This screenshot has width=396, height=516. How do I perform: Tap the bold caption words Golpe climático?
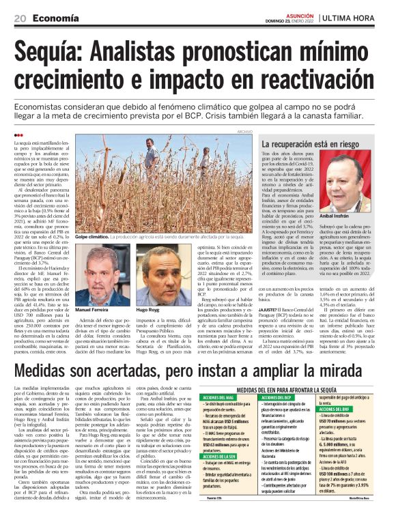(94, 235)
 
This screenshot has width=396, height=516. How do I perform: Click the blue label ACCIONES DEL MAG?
(219, 397)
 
